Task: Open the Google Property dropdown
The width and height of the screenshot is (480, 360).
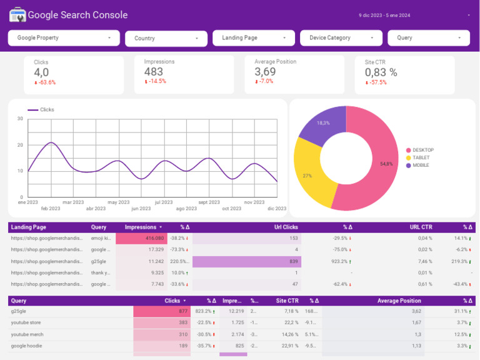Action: coord(64,38)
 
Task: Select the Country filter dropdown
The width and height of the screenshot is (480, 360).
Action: coord(166,39)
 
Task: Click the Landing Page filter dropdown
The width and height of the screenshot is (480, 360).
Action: coord(253,38)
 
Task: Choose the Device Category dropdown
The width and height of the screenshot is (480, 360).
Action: coord(341,38)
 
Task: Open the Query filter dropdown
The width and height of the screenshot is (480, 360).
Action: coord(428,38)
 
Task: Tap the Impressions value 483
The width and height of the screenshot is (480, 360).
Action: coord(154,72)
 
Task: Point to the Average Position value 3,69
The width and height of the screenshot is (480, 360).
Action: coord(265,72)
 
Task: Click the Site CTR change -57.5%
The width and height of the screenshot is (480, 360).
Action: coord(376,82)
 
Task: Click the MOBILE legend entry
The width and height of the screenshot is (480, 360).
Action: coord(421,165)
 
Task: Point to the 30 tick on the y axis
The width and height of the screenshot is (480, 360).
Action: coord(20,119)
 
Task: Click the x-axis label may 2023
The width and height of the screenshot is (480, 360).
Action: coord(118,202)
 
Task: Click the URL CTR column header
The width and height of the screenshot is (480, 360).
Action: coord(421,227)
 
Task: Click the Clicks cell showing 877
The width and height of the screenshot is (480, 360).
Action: coord(161,311)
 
